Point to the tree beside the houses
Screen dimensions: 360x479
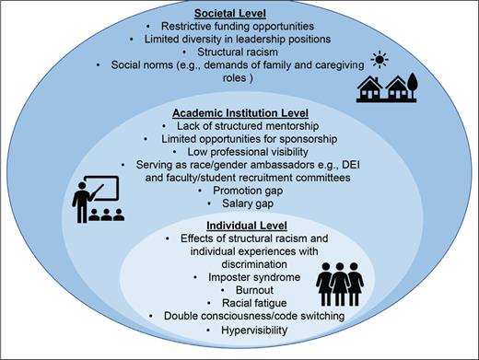click(x=413, y=89)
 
